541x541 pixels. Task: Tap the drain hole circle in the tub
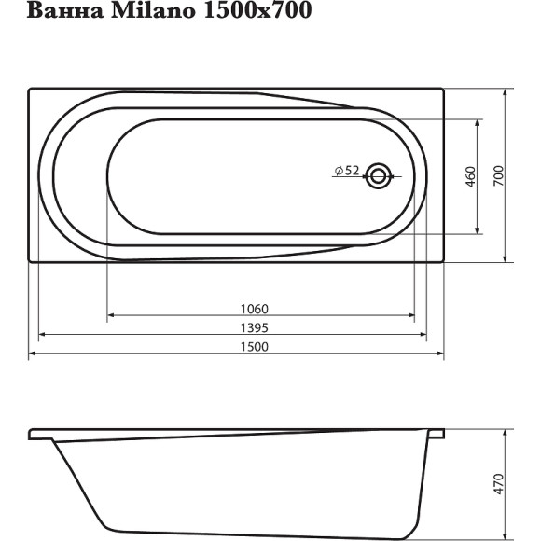click(379, 174)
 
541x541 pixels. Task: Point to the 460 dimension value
click(471, 175)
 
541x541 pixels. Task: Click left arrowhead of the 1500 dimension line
click(33, 354)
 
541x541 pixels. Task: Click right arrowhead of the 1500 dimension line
click(440, 354)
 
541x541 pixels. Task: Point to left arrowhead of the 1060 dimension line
click(112, 317)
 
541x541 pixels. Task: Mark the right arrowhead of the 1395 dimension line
click(423, 336)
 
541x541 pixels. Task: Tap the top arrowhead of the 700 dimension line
click(505, 92)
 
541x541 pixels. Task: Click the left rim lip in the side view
click(40, 435)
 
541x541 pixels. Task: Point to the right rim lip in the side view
click(435, 434)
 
